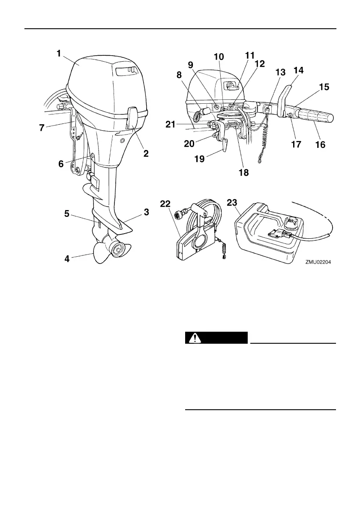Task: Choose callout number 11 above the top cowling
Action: click(x=249, y=55)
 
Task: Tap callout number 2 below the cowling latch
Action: click(x=146, y=153)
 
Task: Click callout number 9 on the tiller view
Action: click(x=191, y=65)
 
